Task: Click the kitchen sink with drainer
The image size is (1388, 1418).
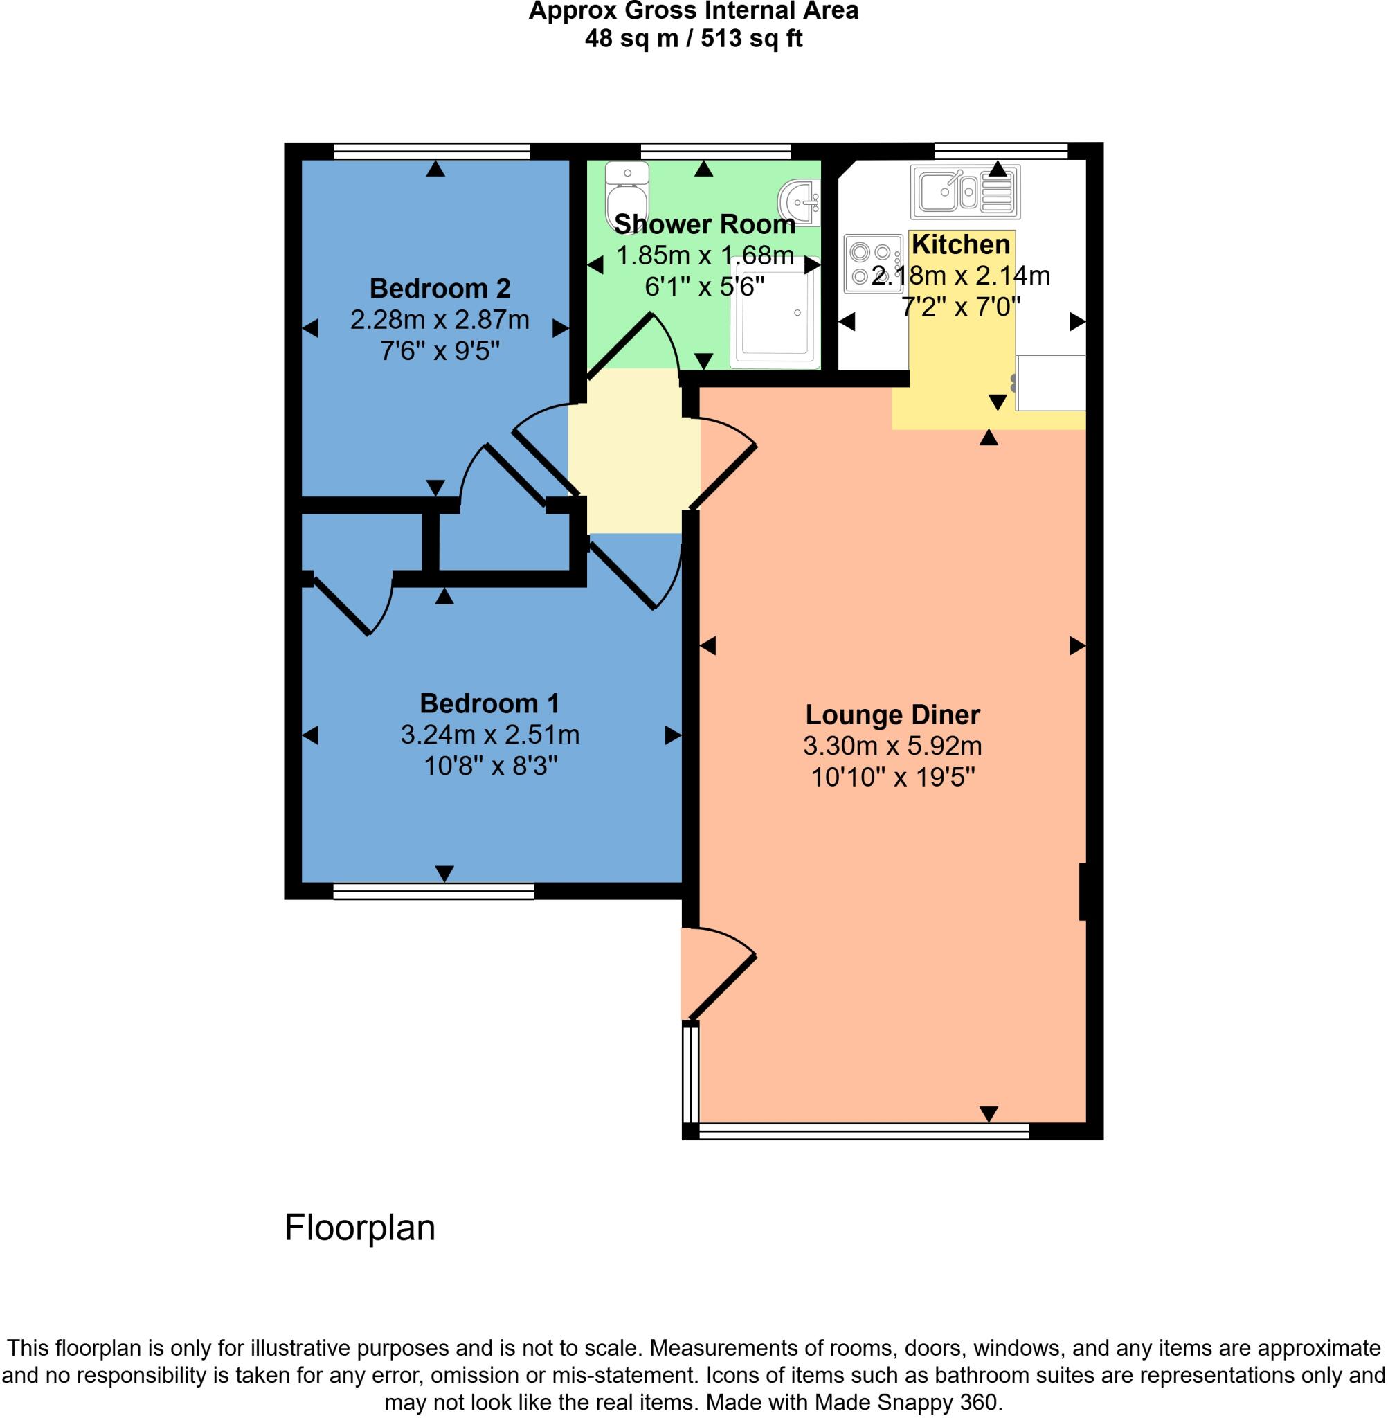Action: click(965, 192)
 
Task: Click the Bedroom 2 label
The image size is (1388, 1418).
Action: click(440, 289)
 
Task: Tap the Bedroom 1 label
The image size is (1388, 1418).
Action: click(489, 703)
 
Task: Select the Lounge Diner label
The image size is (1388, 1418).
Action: click(892, 715)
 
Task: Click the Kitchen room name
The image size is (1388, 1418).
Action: click(961, 244)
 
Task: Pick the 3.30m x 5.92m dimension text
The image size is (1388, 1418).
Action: click(892, 746)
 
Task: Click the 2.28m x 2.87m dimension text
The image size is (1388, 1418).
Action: click(440, 320)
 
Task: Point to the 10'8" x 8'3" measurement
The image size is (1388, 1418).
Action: click(491, 766)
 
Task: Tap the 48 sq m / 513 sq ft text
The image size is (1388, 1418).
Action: click(693, 38)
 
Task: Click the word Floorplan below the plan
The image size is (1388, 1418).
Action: click(359, 1227)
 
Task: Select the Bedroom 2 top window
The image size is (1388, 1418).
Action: click(431, 151)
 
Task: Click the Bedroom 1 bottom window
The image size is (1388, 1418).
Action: click(433, 891)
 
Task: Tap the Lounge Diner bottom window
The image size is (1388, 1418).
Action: click(863, 1131)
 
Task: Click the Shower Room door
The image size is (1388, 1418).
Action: click(620, 345)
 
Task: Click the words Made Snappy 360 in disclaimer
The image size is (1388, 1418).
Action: click(907, 1402)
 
